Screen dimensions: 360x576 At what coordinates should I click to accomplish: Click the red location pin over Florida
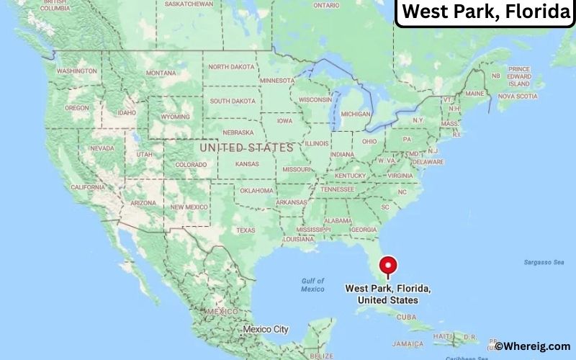(x=389, y=266)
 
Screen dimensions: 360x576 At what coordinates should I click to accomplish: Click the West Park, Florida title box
(x=485, y=12)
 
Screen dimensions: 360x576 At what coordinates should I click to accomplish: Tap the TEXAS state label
(x=246, y=230)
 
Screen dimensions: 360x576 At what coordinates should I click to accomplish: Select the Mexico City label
(x=265, y=329)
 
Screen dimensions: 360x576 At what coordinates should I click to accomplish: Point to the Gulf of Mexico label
(x=312, y=284)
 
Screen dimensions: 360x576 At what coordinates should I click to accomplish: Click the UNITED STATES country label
(x=246, y=148)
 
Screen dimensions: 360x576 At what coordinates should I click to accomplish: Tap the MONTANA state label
(x=161, y=73)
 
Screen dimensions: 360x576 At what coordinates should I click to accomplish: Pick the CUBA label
(x=408, y=317)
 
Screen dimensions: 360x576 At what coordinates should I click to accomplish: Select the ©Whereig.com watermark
(x=533, y=346)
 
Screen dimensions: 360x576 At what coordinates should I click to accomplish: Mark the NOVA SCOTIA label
(x=517, y=96)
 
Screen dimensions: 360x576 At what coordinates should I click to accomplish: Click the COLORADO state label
(x=190, y=164)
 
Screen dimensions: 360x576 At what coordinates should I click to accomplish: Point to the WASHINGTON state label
(x=77, y=71)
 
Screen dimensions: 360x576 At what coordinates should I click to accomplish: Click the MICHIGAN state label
(x=356, y=114)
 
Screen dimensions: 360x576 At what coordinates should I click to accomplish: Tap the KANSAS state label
(x=246, y=164)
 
